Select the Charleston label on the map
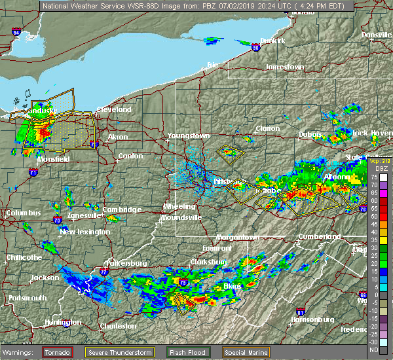click(x=118, y=326)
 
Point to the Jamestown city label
click(x=285, y=67)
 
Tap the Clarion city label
click(x=267, y=129)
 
